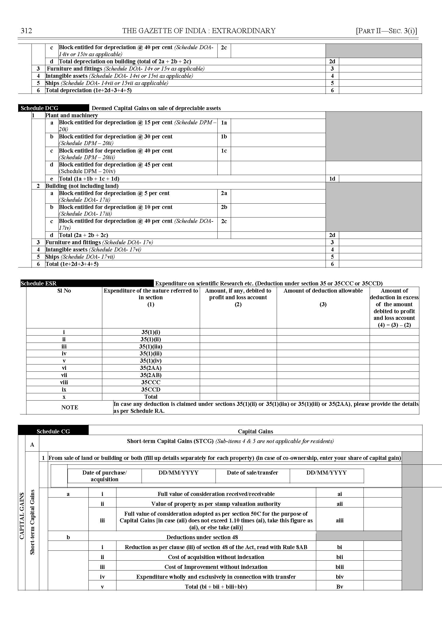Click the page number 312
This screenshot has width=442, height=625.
point(26,31)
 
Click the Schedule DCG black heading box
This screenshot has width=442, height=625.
point(53,108)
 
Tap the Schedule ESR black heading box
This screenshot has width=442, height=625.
point(87,283)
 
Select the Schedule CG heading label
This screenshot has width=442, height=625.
point(53,431)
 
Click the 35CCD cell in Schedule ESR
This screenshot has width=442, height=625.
point(151,389)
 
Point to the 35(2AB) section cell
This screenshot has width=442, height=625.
point(151,375)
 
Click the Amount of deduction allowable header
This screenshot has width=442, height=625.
point(323,291)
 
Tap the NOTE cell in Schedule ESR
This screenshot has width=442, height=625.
point(69,407)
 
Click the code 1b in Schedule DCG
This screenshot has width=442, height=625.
point(224,137)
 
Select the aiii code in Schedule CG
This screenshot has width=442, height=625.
point(339,521)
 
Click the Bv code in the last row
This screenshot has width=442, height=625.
point(339,587)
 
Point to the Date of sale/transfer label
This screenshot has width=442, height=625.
point(252,473)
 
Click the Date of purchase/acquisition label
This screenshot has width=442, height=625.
point(104,476)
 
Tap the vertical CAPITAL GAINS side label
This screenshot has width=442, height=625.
point(22,516)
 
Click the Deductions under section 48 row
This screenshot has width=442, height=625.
point(202,537)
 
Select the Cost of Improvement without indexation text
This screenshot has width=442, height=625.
point(216,567)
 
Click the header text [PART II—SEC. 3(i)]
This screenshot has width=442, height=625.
point(386,31)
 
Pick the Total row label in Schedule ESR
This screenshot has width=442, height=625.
point(151,397)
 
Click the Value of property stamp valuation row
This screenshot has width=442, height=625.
point(216,504)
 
